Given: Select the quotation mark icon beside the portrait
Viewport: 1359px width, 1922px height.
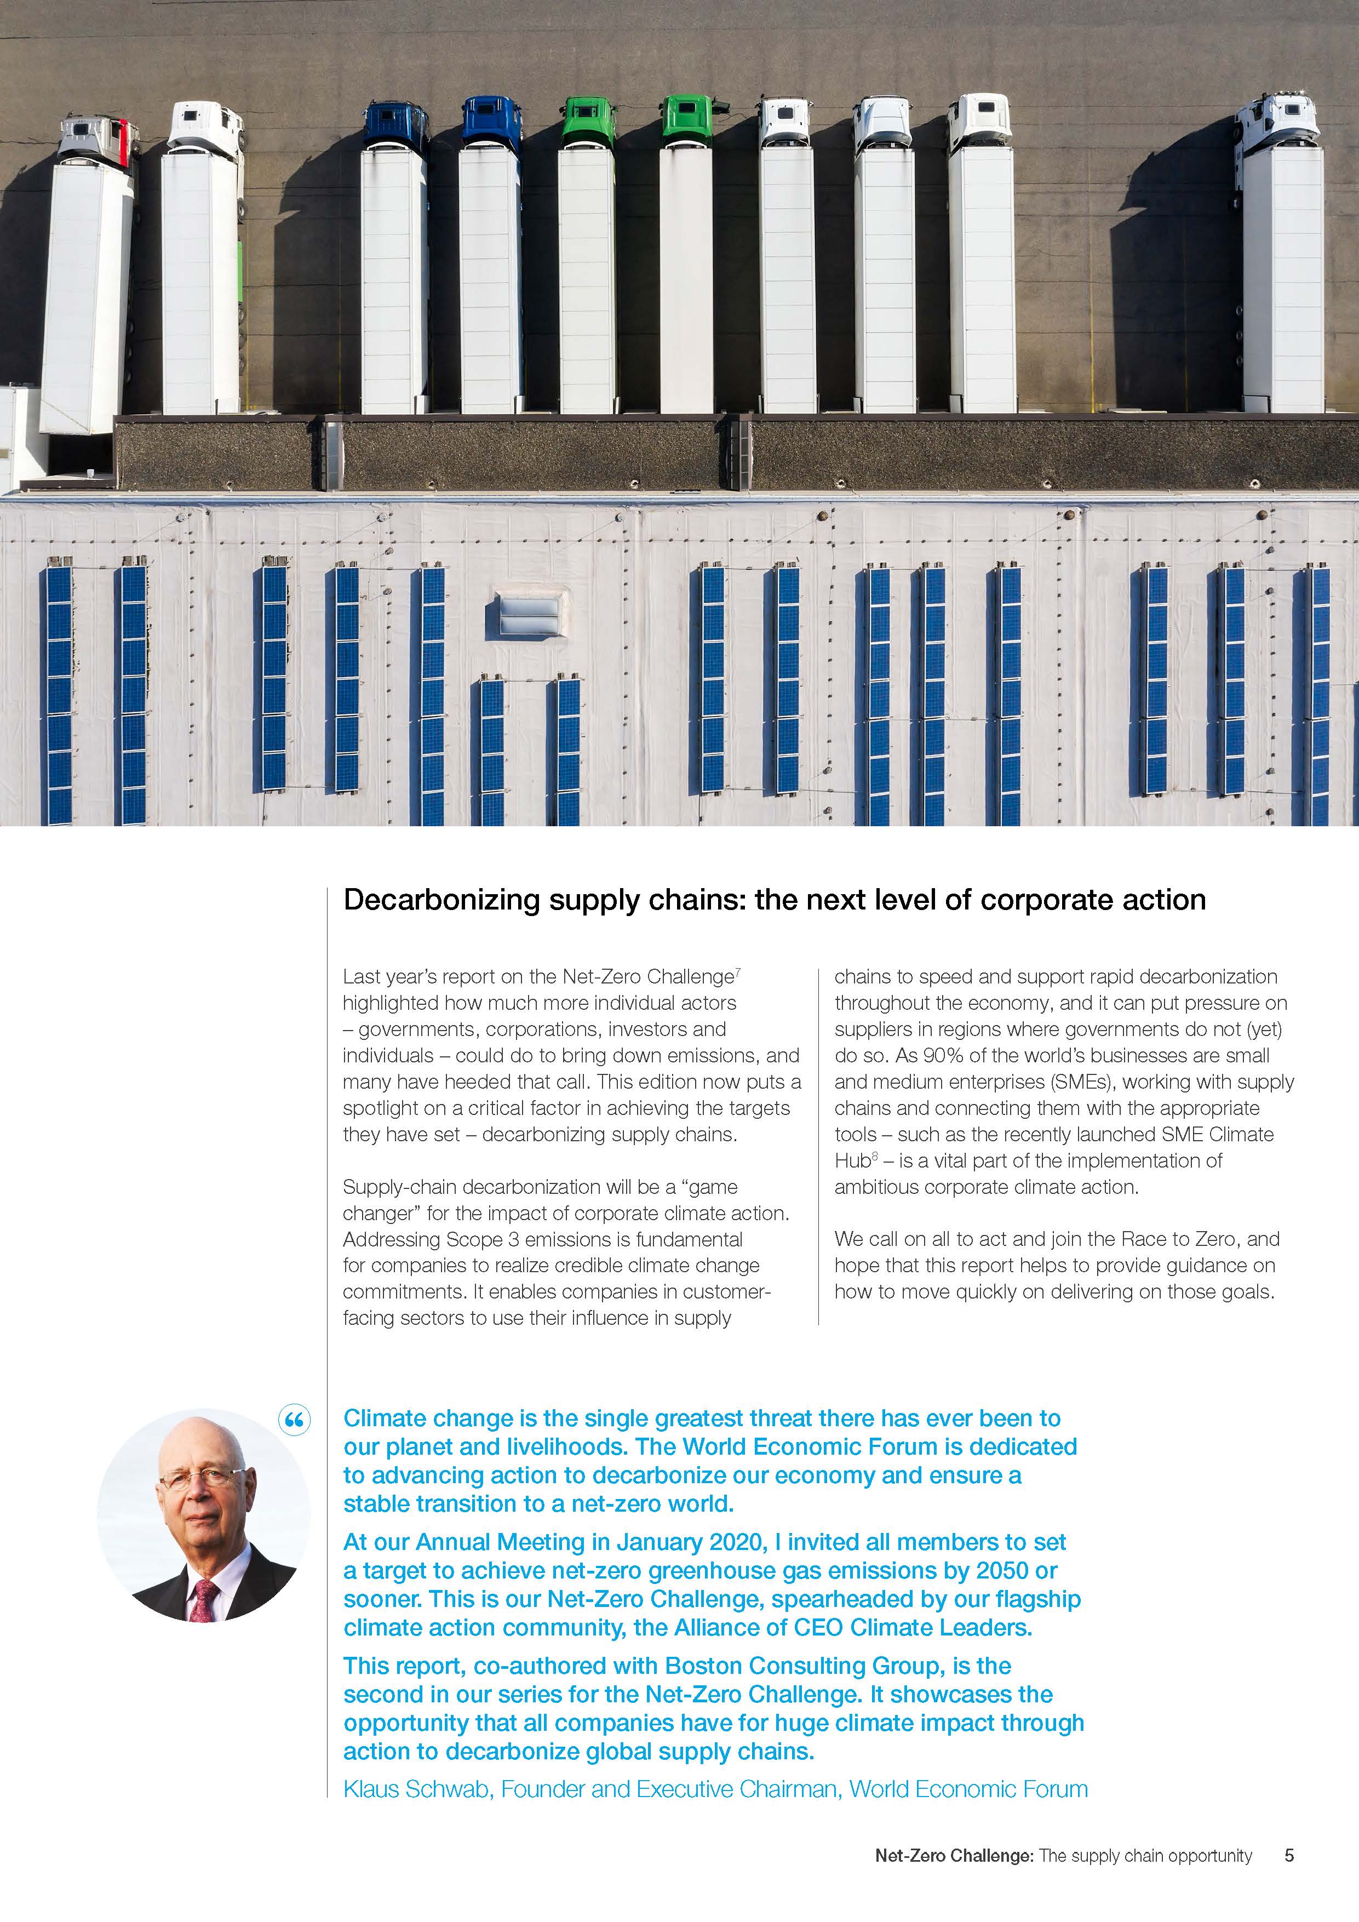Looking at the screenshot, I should click(x=295, y=1420).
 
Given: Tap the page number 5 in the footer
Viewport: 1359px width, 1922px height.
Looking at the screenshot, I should click(x=1289, y=1856).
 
